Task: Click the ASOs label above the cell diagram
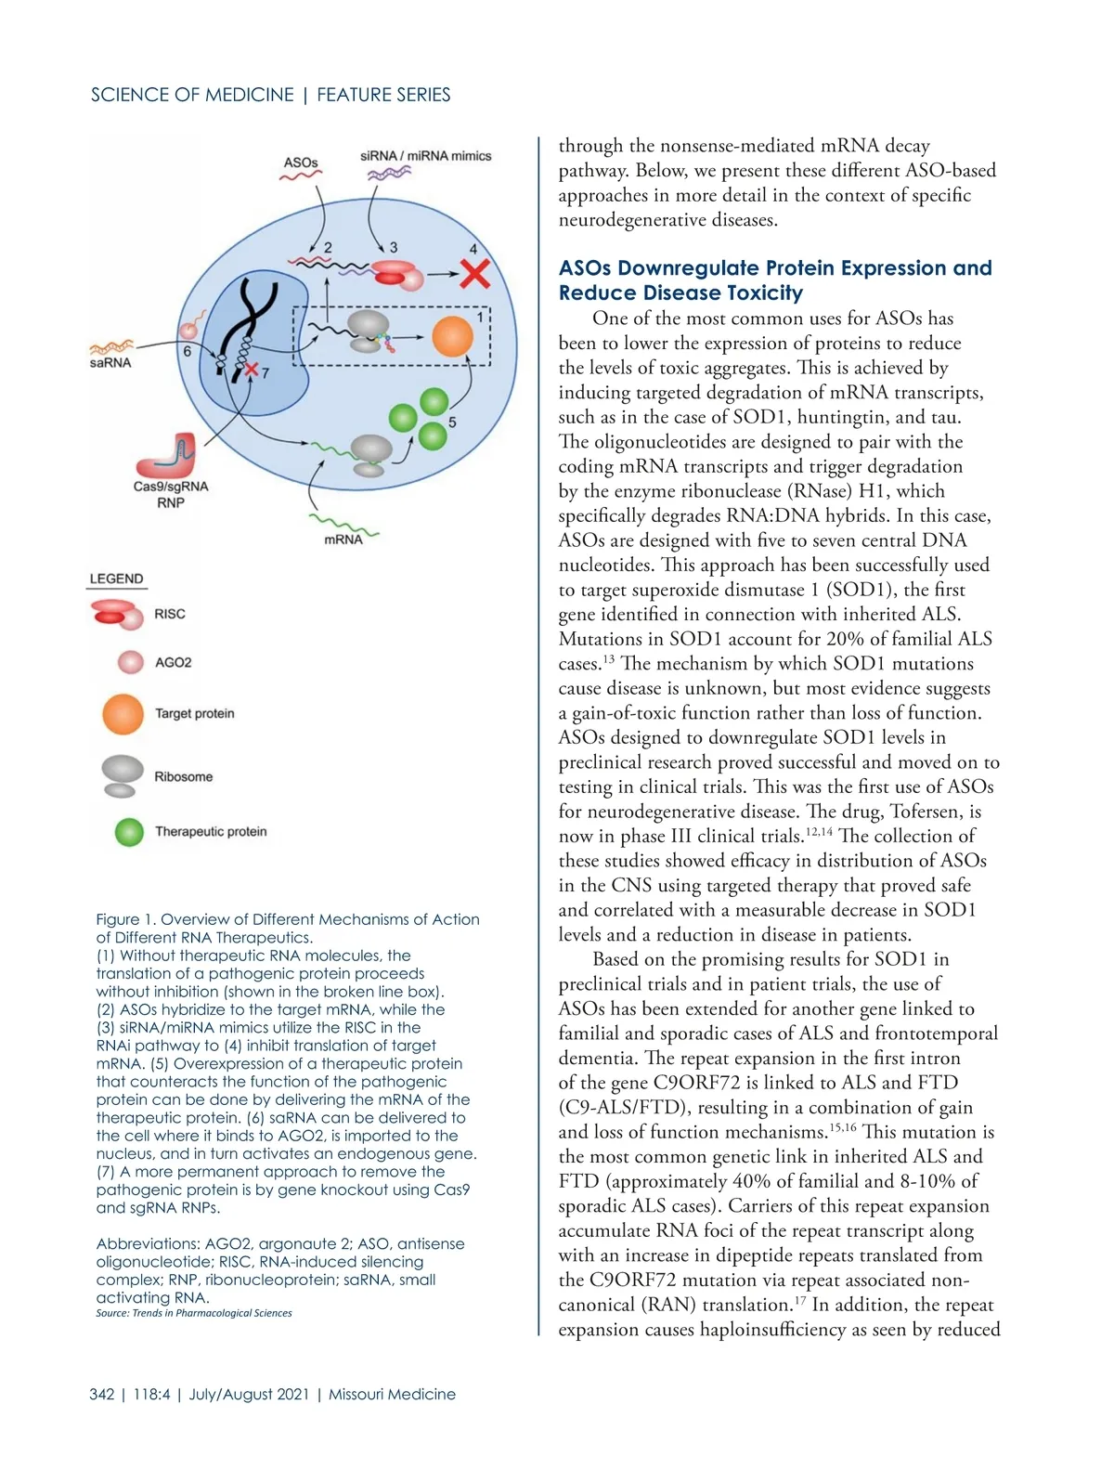(301, 162)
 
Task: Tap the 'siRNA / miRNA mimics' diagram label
(426, 156)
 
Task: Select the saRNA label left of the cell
(110, 363)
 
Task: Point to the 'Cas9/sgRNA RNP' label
(171, 494)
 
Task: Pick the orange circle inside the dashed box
(453, 336)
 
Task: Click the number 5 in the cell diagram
(453, 422)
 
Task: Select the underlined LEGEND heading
(116, 578)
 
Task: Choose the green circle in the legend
(129, 832)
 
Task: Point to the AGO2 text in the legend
(174, 663)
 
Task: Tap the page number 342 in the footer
(102, 1394)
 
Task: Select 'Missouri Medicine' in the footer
(392, 1394)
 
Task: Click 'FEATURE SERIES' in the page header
(383, 95)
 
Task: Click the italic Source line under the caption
(194, 1313)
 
